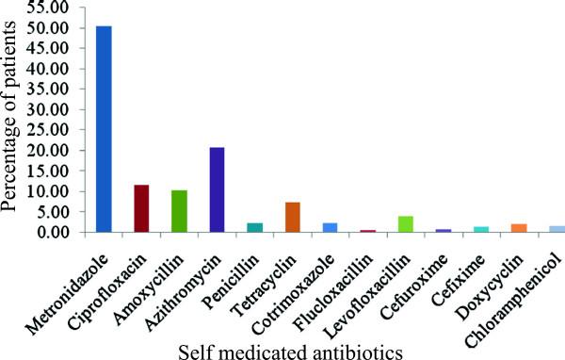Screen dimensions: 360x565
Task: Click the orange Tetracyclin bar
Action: click(x=293, y=217)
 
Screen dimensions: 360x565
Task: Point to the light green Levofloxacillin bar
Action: click(x=406, y=224)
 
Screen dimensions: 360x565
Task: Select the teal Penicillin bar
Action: click(x=254, y=227)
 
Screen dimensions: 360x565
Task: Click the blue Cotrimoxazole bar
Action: click(x=330, y=227)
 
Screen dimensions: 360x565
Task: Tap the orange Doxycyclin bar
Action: click(x=519, y=227)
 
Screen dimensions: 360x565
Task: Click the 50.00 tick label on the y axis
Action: click(x=47, y=28)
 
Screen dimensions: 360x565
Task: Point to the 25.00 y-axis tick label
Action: click(x=47, y=130)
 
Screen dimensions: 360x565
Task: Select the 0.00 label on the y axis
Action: click(x=51, y=232)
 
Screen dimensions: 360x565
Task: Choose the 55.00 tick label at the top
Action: click(x=47, y=8)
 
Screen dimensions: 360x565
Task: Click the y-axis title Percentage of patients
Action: click(x=13, y=118)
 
